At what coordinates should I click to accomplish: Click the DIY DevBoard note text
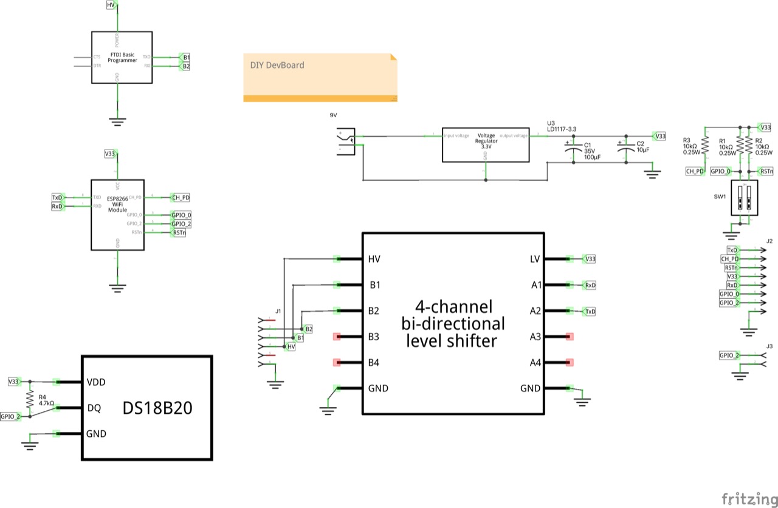tap(277, 66)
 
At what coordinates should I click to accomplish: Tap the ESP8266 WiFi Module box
tap(117, 215)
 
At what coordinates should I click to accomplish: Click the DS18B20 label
tap(157, 408)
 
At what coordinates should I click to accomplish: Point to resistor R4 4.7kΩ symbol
tap(29, 399)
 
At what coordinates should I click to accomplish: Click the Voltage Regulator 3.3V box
tap(485, 145)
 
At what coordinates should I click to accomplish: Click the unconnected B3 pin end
tap(337, 337)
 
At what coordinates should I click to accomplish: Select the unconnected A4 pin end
tap(570, 363)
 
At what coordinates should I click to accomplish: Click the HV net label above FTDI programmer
tap(111, 5)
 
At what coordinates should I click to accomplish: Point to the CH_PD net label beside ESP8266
tap(181, 197)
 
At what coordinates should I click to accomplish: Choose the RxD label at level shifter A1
tap(589, 285)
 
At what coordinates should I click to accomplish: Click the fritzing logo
tap(748, 499)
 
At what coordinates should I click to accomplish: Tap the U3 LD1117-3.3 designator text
tap(561, 126)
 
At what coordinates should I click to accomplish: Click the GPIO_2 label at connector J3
tap(729, 355)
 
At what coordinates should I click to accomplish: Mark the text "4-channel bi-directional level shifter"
tap(453, 323)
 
